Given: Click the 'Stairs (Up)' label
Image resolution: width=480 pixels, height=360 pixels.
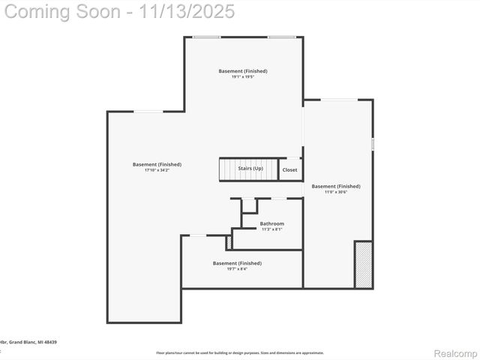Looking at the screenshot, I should coord(250,169).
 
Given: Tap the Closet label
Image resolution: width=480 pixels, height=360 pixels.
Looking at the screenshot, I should coord(289,170).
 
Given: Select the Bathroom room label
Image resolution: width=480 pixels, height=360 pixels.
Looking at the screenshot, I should coord(272,223).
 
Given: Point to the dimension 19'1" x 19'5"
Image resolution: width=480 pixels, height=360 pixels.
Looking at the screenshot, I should coord(243,77).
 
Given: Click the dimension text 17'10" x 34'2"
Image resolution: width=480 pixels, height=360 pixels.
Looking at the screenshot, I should coord(157,170).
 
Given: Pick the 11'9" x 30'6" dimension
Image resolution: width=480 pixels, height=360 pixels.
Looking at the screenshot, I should coord(336,192).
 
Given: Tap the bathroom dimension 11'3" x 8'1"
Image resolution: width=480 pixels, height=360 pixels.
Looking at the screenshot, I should coord(272,229).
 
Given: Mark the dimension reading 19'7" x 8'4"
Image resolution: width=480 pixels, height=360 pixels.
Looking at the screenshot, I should coord(237,268).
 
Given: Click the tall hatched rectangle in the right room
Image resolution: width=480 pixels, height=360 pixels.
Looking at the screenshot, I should coord(363,264).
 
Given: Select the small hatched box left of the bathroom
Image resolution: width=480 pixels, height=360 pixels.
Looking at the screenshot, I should coord(229,242).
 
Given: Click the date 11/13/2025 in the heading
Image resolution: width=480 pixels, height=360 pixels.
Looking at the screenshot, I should coord(193,11).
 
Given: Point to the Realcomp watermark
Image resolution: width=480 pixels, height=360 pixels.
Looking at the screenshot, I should coord(455,352).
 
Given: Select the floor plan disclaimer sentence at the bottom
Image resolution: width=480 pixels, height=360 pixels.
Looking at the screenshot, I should coord(240,352).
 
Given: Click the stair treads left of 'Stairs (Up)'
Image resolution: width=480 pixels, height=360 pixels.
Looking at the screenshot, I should coord(228,169).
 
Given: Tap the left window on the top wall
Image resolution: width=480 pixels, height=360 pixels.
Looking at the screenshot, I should coord(206,37).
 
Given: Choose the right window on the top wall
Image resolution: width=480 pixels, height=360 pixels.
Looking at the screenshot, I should coord(282,37).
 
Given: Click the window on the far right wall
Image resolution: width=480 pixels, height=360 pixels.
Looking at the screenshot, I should coord(372,143).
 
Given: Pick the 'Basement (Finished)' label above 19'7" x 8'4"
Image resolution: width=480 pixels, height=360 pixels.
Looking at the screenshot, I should coord(237,263).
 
